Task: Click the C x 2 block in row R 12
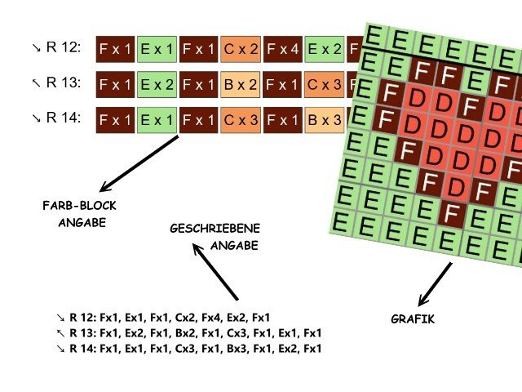pyautogui.click(x=241, y=49)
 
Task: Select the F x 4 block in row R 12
pyautogui.click(x=283, y=49)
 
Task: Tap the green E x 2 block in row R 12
pyautogui.click(x=325, y=49)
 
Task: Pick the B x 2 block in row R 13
pyautogui.click(x=241, y=84)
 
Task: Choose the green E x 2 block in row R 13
pyautogui.click(x=157, y=84)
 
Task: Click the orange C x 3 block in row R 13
pyautogui.click(x=325, y=84)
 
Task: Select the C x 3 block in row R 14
pyautogui.click(x=241, y=119)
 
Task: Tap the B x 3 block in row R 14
pyautogui.click(x=325, y=119)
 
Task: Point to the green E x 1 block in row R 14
pyautogui.click(x=157, y=119)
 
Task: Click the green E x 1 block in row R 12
pyautogui.click(x=157, y=49)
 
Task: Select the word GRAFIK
pyautogui.click(x=413, y=319)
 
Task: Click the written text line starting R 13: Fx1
pyautogui.click(x=189, y=332)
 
